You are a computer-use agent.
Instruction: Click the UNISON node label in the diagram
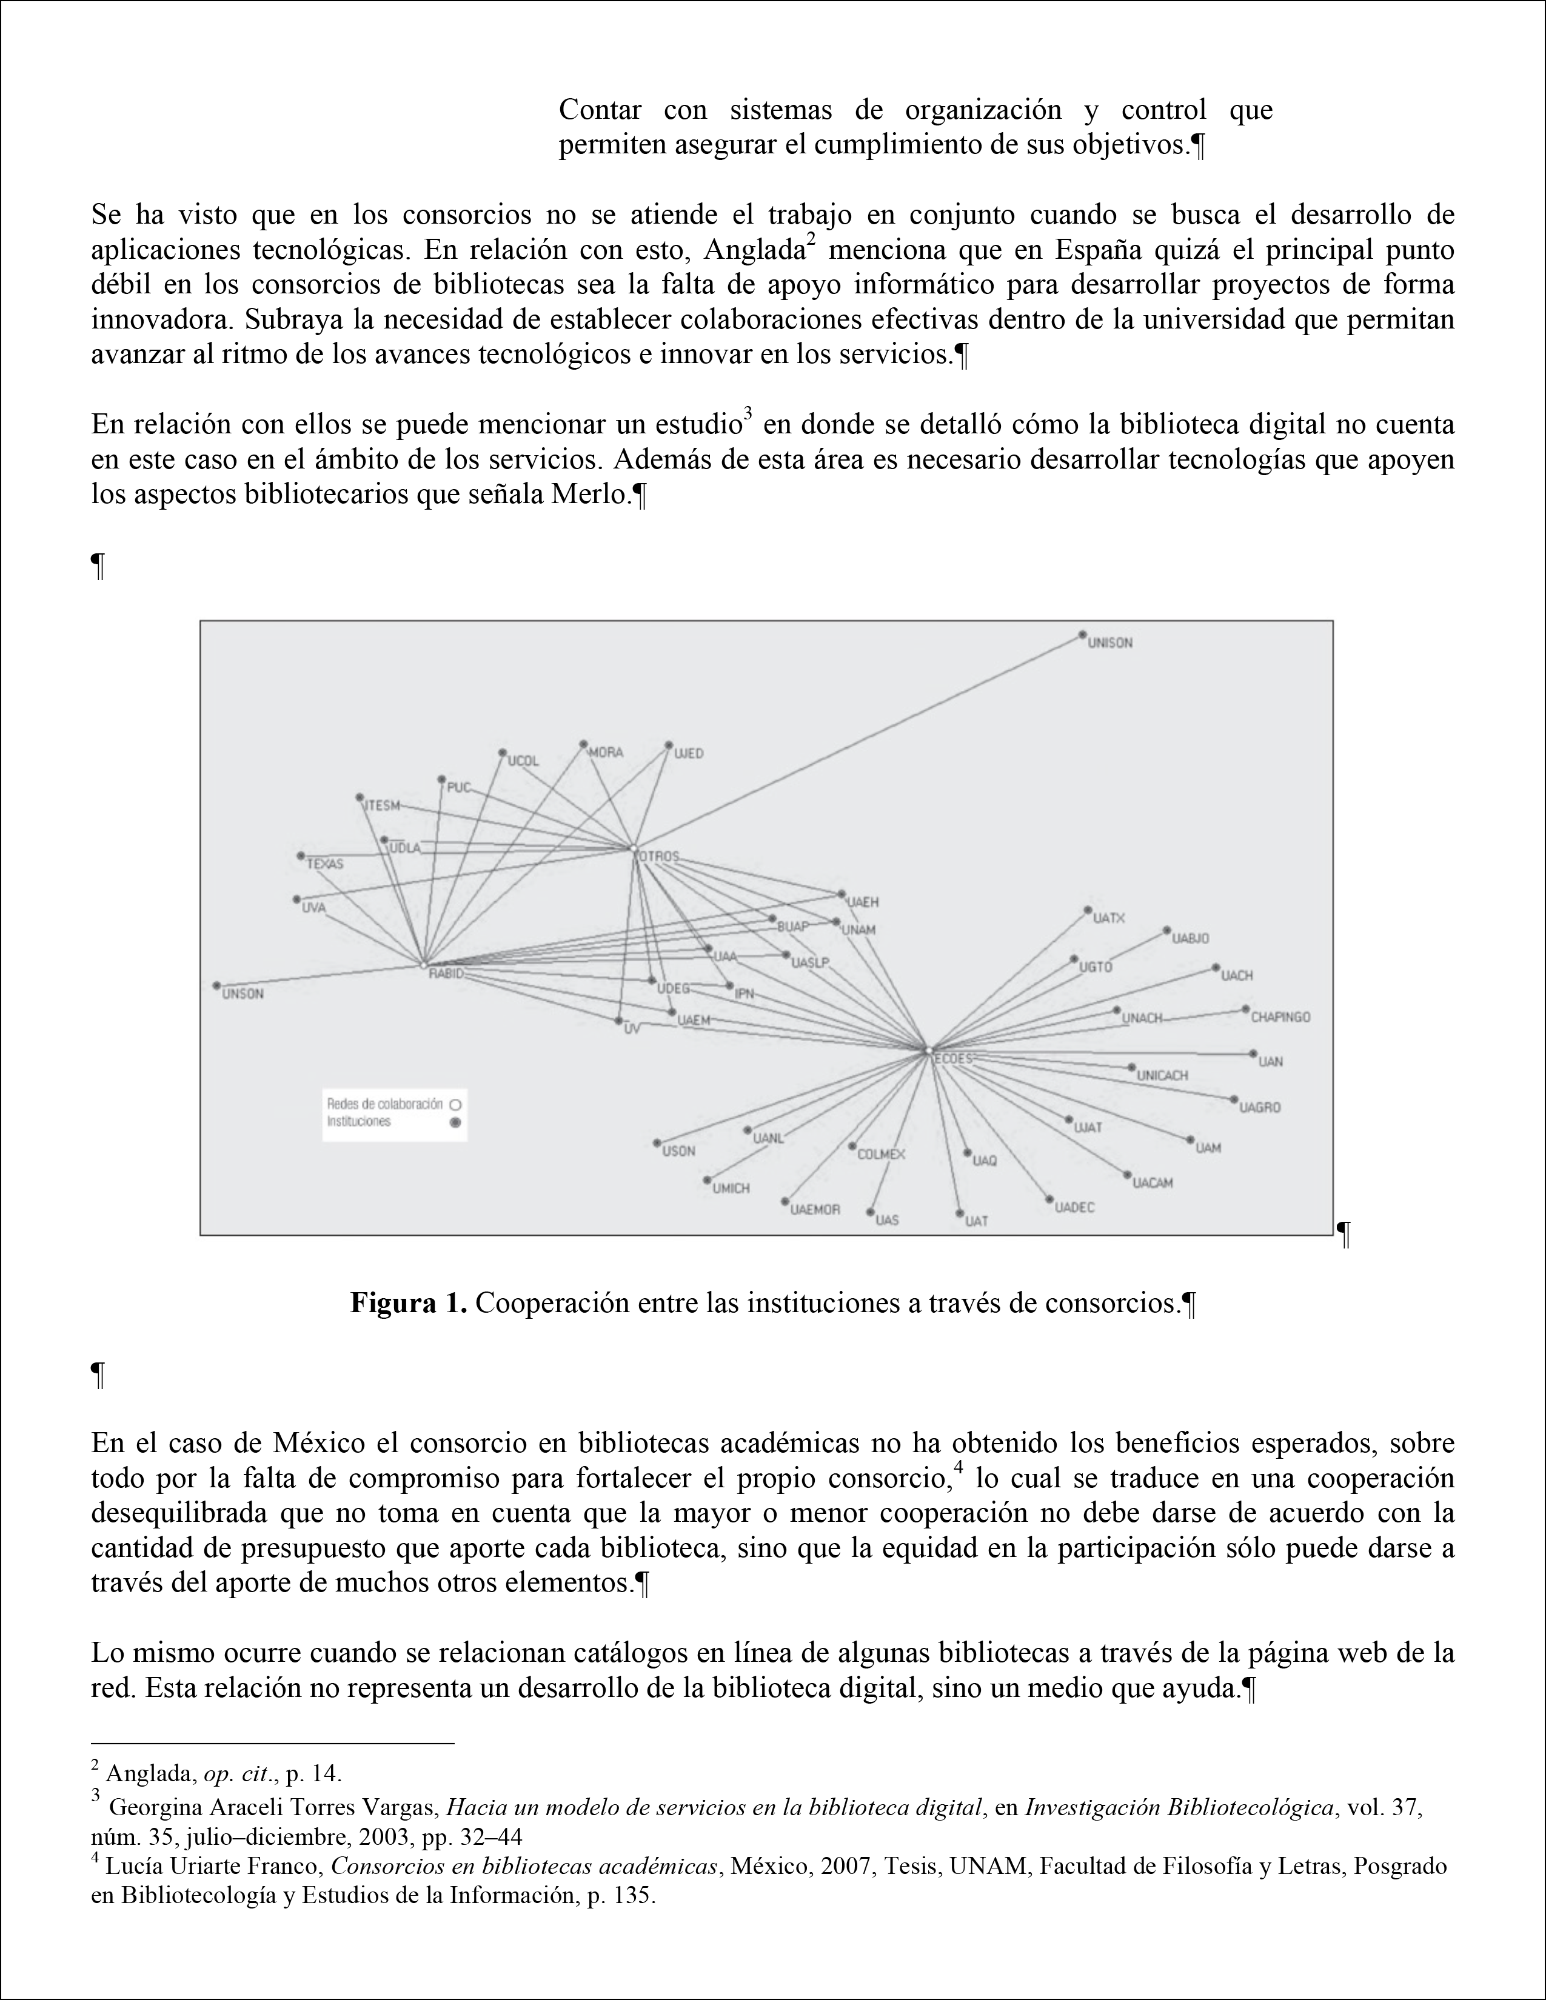(x=1110, y=644)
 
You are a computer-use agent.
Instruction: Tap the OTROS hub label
(x=658, y=856)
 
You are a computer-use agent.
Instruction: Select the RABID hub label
(x=446, y=973)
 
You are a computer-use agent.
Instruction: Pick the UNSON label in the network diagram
(x=243, y=995)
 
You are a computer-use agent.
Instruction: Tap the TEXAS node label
(x=324, y=864)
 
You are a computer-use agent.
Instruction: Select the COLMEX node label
(x=880, y=1155)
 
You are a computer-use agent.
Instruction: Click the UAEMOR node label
(x=815, y=1210)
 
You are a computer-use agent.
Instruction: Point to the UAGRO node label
(x=1260, y=1107)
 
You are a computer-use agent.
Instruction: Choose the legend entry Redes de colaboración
(x=384, y=1104)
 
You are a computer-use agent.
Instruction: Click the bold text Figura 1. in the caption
(x=409, y=1304)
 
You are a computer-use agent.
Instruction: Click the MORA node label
(x=606, y=753)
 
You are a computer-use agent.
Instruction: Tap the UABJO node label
(x=1191, y=939)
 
